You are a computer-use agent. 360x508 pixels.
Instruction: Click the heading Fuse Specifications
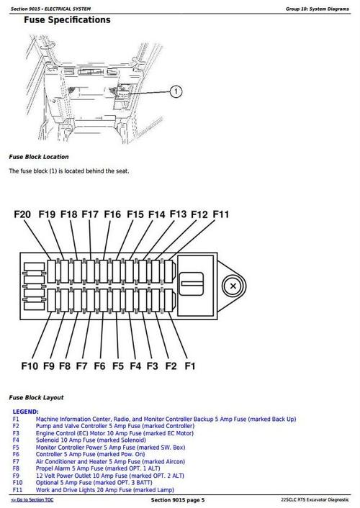point(67,20)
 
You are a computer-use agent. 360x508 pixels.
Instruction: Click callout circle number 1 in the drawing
point(177,91)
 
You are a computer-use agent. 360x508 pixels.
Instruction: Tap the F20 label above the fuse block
point(22,214)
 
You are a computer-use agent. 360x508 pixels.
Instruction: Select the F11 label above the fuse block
point(220,214)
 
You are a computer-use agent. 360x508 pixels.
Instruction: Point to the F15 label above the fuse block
point(135,214)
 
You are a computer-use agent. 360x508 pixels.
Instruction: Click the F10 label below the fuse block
point(29,366)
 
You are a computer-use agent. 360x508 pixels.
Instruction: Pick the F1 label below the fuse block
point(190,366)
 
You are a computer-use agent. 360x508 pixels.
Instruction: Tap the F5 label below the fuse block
point(117,366)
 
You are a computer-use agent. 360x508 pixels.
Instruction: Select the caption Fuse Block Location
point(39,157)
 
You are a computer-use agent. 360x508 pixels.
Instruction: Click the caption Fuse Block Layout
point(36,397)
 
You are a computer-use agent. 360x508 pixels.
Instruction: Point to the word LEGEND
point(25,412)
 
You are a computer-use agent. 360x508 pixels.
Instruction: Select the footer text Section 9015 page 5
point(178,499)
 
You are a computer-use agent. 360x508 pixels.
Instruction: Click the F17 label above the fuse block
point(90,214)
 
